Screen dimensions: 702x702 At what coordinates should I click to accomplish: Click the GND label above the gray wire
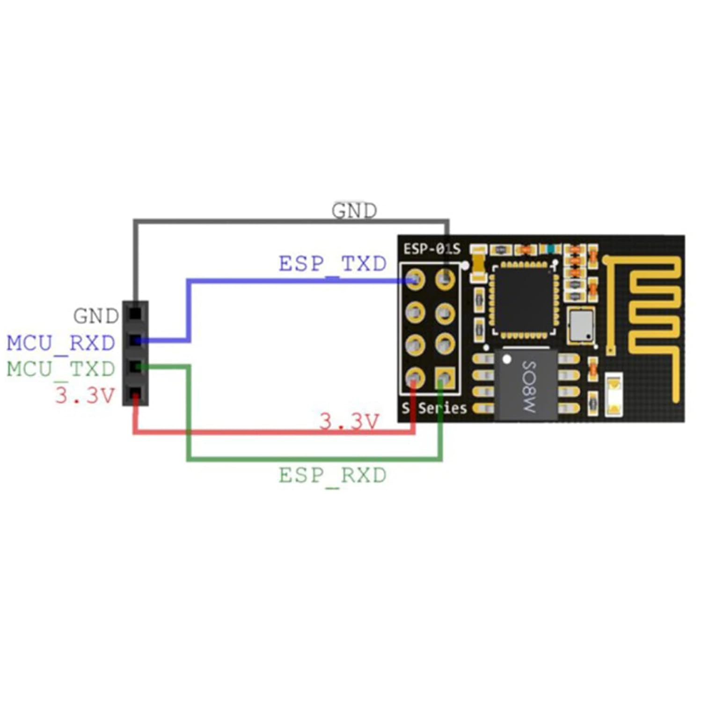[354, 211]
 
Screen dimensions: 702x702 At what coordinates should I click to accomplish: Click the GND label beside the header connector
[96, 316]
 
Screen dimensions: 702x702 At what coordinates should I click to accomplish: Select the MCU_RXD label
[61, 343]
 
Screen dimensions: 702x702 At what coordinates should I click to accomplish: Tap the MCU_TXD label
[61, 369]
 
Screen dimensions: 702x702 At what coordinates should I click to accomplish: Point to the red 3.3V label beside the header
[85, 395]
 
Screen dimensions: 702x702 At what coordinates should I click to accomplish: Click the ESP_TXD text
[332, 264]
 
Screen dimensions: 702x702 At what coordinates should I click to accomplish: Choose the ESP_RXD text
[332, 475]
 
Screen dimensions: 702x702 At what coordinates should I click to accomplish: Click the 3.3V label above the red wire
[349, 422]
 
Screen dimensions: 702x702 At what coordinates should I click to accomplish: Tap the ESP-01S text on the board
[431, 249]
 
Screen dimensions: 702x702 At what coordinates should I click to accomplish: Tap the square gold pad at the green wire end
[445, 377]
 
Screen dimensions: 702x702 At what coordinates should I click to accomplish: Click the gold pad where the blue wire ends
[415, 280]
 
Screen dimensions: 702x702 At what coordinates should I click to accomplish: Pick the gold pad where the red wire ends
[415, 377]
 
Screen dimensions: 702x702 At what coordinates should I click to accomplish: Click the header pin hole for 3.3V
[135, 393]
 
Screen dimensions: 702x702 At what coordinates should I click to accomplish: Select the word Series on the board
[442, 409]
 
